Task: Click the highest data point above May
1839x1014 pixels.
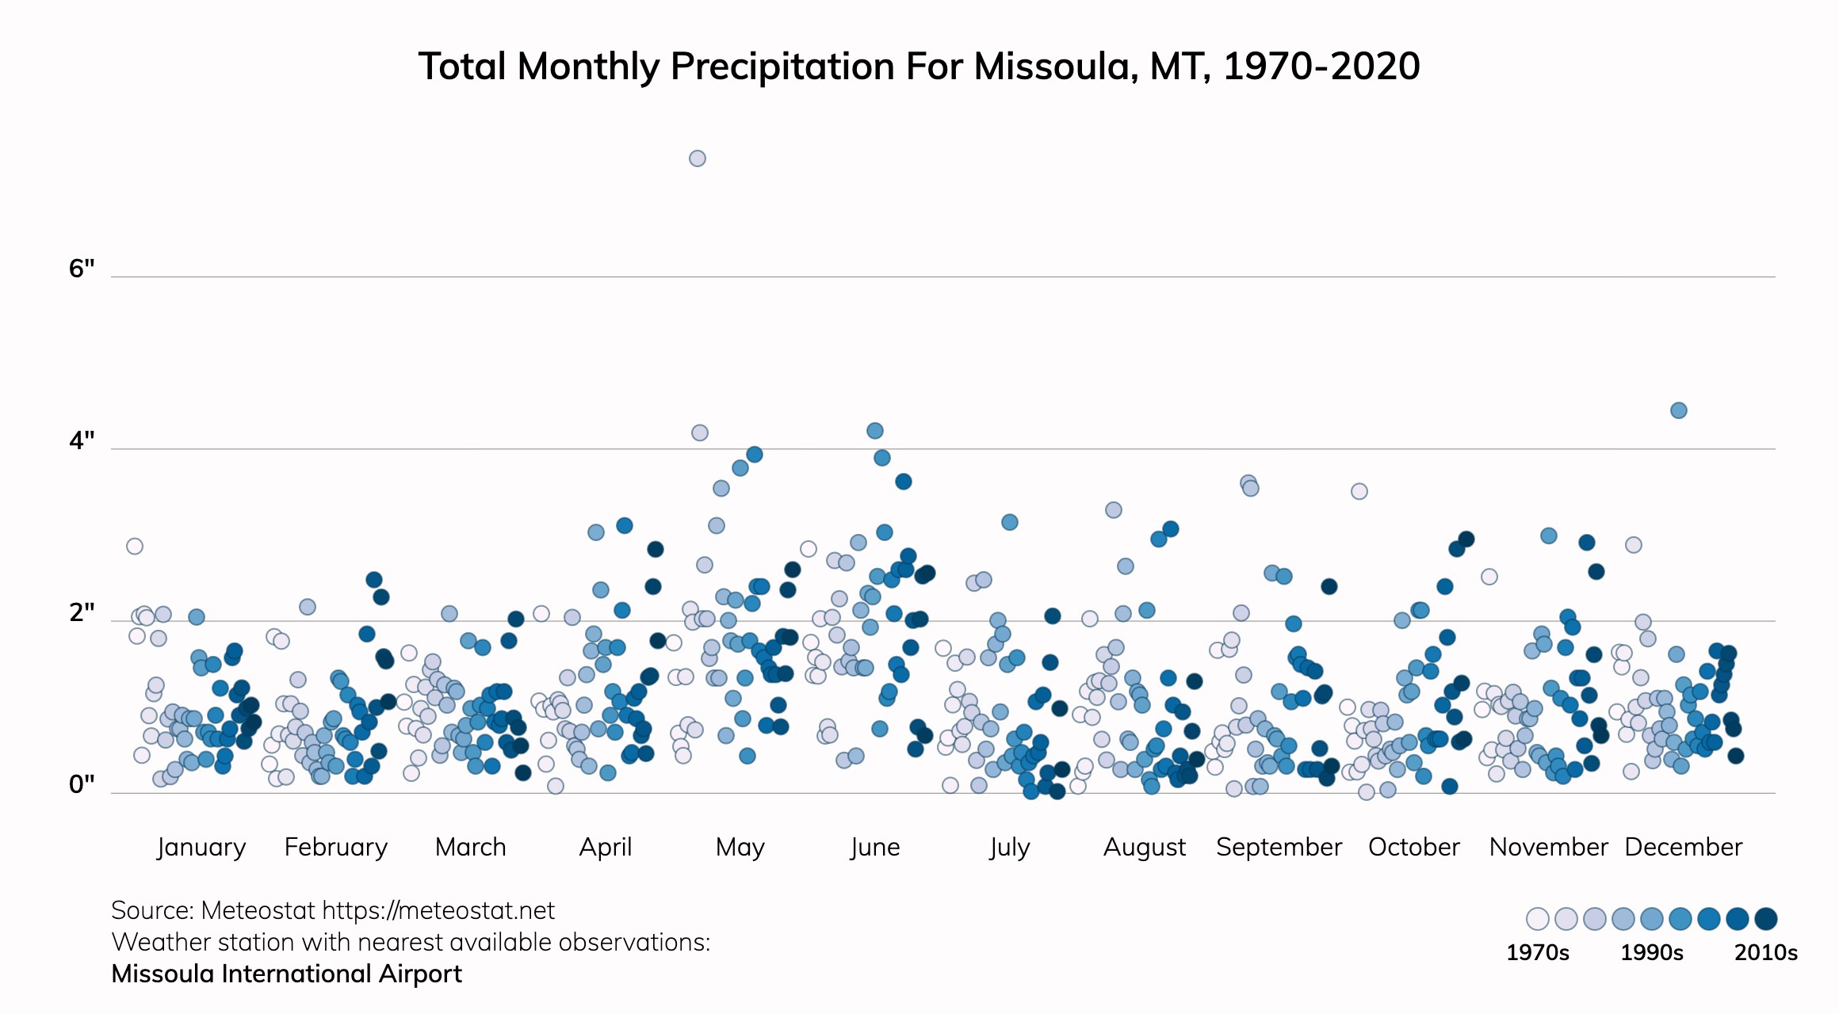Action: [x=697, y=158]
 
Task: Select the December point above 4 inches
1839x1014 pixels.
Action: [x=1678, y=410]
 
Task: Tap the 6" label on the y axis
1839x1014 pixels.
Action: [x=82, y=269]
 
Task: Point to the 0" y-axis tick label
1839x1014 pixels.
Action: [x=82, y=784]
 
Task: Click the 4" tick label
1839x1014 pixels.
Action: [x=82, y=440]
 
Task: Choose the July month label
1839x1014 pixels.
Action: [x=1009, y=847]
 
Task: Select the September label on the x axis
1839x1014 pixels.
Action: [x=1279, y=847]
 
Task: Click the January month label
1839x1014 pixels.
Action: [x=201, y=847]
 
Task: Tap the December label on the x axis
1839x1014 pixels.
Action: [x=1683, y=847]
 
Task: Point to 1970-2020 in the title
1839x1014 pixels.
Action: [x=1321, y=66]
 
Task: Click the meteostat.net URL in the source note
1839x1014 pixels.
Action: [x=438, y=910]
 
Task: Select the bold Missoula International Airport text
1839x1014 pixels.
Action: [x=286, y=974]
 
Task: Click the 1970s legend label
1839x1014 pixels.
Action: [x=1537, y=952]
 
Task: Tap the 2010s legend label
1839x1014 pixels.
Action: [x=1765, y=952]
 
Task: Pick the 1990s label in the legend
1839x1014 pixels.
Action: [x=1651, y=952]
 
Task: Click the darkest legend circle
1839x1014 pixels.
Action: [x=1765, y=919]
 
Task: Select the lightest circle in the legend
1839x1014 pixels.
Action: [x=1537, y=919]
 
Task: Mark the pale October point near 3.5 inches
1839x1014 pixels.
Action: [x=1359, y=491]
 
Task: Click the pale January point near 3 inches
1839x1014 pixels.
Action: [x=135, y=546]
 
